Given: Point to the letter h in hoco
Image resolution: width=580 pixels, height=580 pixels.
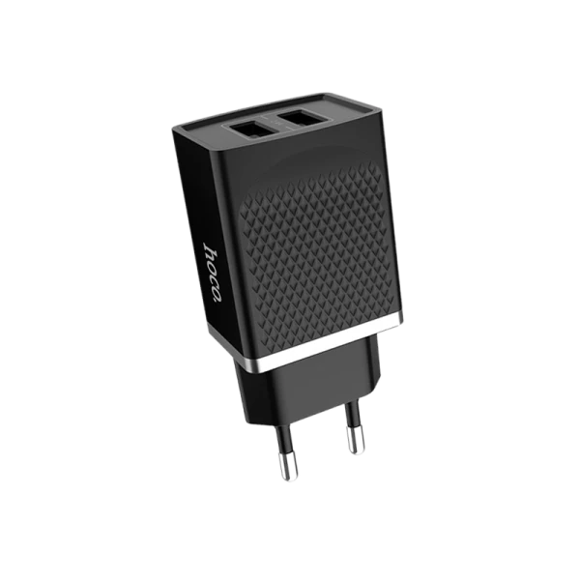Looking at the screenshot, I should tap(209, 250).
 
